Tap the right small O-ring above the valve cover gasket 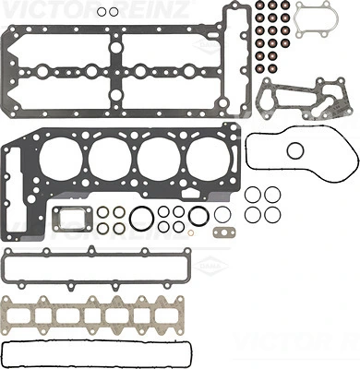click(x=113, y=12)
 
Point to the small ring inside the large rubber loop click(x=295, y=150)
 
